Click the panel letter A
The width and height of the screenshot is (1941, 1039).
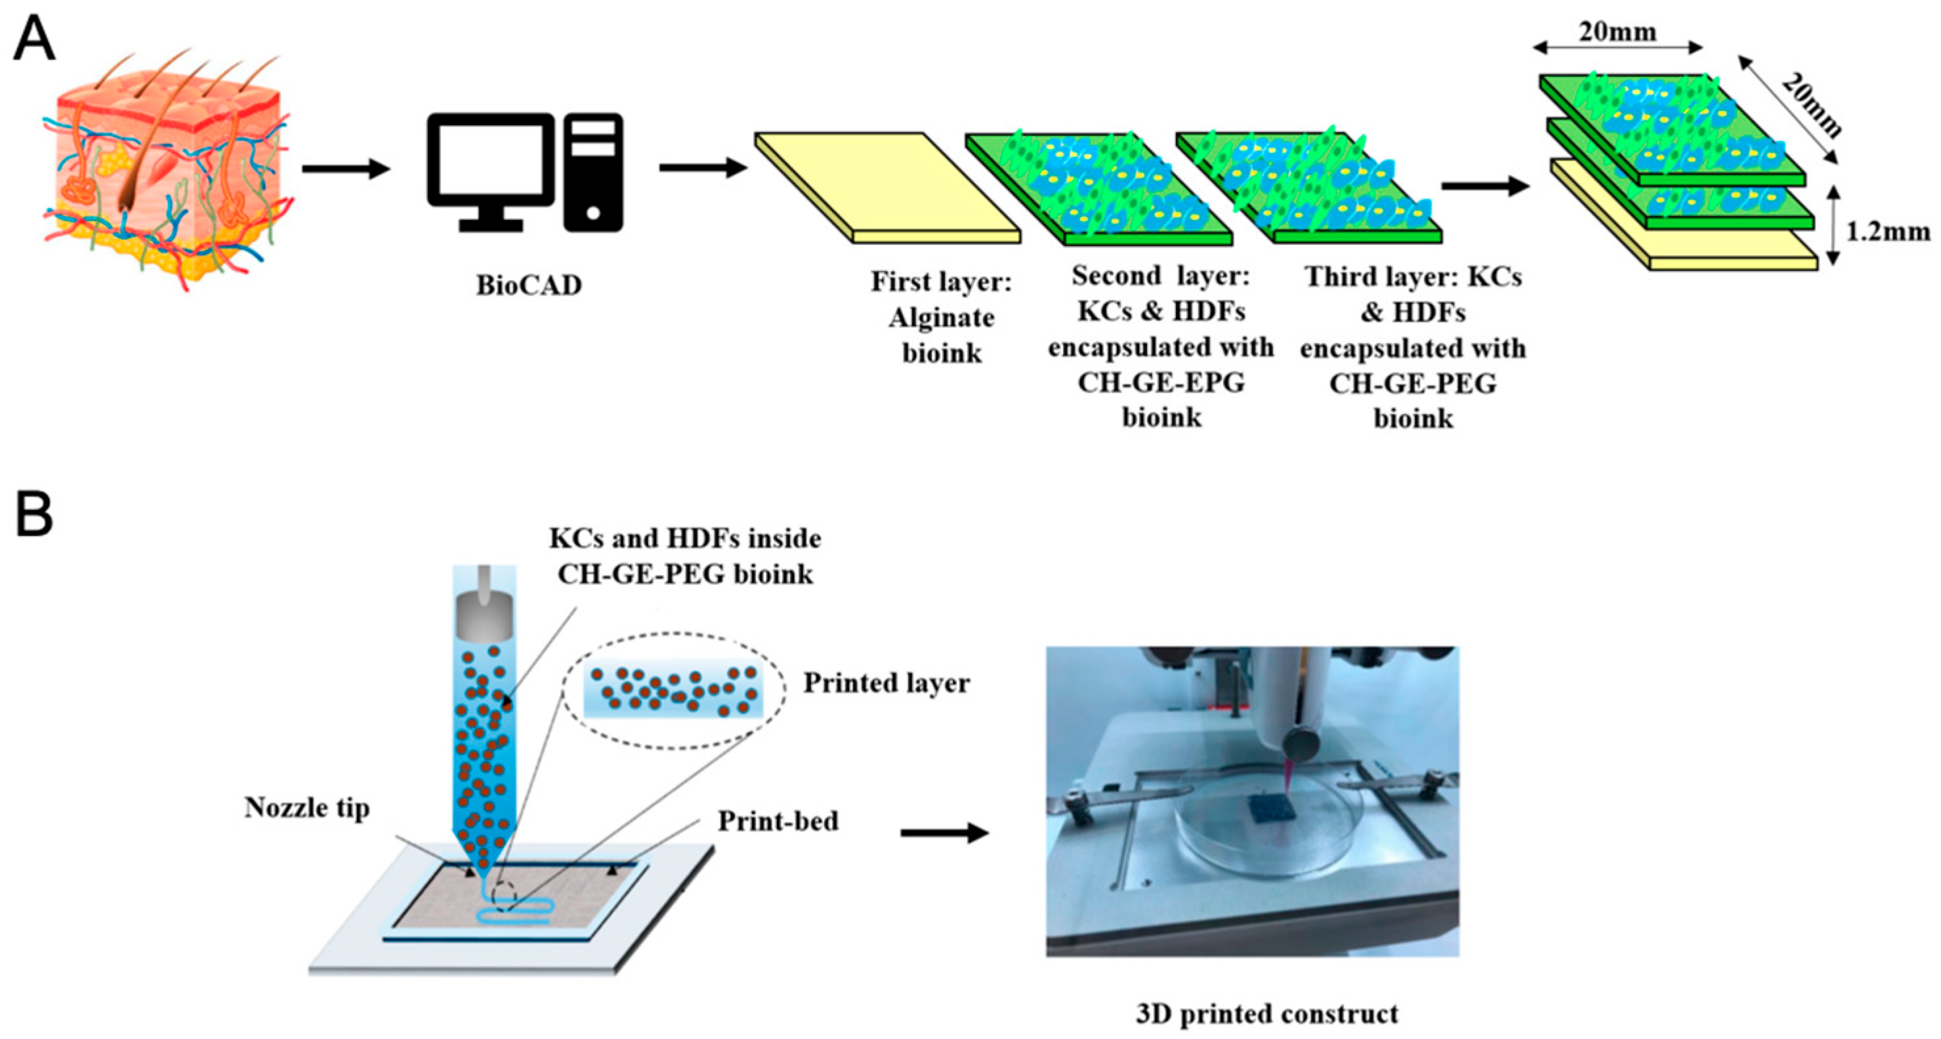(34, 39)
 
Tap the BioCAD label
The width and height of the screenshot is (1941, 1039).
(529, 285)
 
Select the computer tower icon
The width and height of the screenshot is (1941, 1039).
(593, 172)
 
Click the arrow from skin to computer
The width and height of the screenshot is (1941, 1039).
(346, 168)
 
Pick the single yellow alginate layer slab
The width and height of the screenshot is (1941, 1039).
(888, 188)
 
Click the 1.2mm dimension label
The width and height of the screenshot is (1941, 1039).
(1887, 232)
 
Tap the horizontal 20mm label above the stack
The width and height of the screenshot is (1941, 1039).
(1617, 31)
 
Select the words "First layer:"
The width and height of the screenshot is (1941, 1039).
(941, 282)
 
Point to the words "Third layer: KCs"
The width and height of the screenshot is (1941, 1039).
(1413, 277)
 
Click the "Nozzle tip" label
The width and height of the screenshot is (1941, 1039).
(306, 807)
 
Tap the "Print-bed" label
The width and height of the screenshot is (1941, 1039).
(778, 821)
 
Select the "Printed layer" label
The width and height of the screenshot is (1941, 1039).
(886, 683)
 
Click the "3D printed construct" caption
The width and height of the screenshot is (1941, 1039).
(1266, 1013)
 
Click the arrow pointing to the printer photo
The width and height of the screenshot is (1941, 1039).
(944, 832)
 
